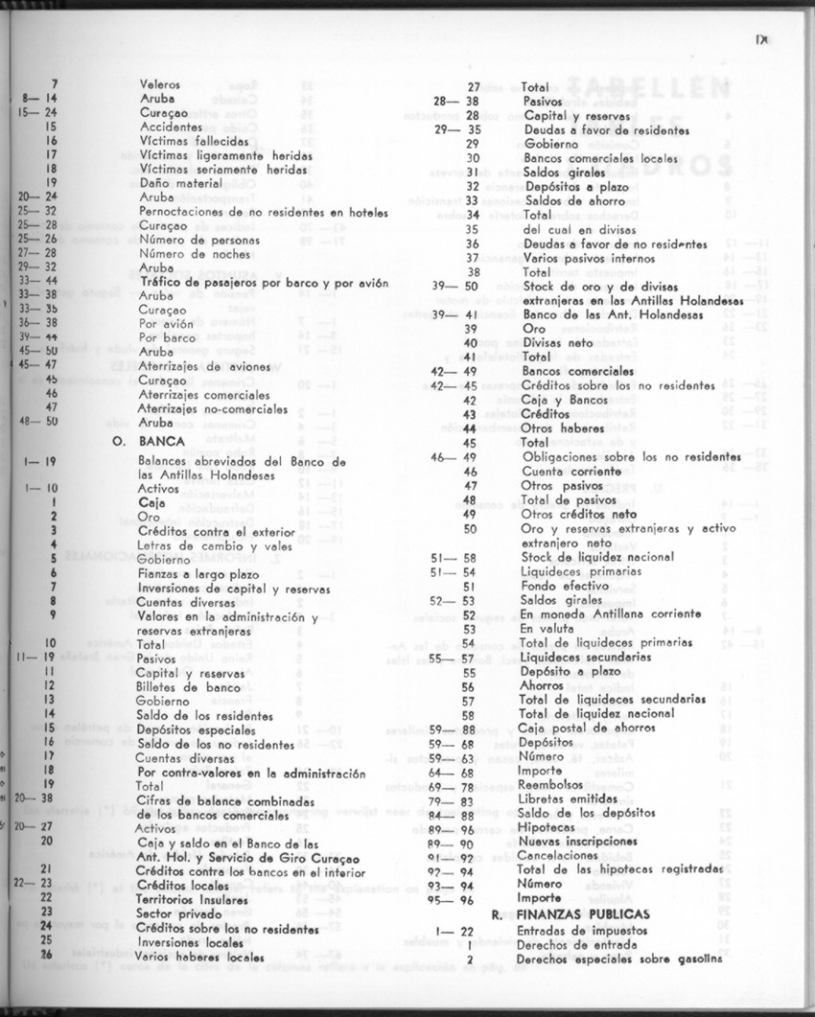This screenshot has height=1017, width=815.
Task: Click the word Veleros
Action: coord(159,85)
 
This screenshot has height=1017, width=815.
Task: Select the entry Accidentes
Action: coord(171,127)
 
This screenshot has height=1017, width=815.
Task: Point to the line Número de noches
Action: coord(188,253)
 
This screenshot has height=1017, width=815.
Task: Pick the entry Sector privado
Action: coord(179,913)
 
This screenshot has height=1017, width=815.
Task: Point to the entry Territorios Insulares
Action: coord(193,899)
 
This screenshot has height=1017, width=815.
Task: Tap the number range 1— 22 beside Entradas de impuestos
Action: coord(454,931)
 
